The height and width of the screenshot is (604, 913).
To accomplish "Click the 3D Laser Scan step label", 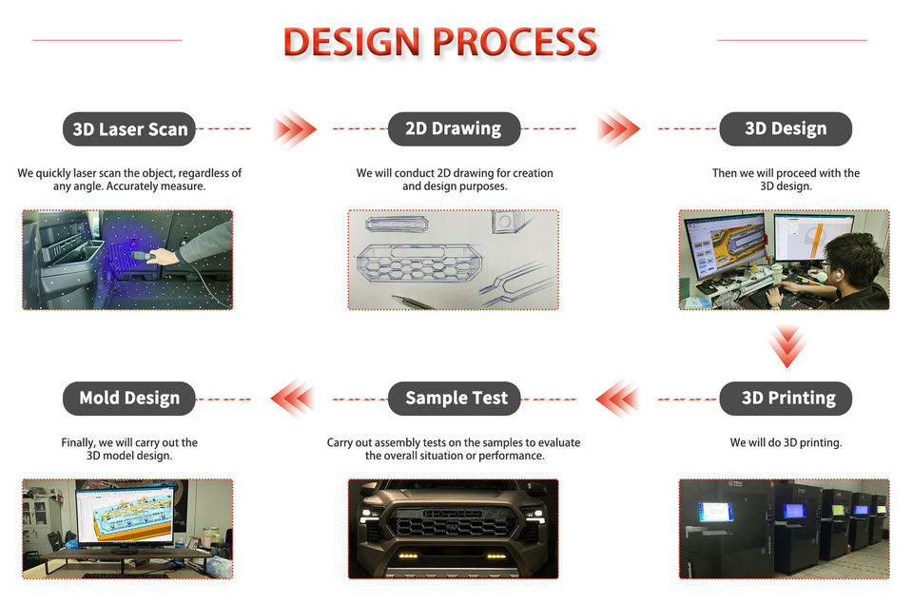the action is [x=129, y=128].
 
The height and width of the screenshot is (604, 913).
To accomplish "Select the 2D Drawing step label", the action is [x=454, y=128].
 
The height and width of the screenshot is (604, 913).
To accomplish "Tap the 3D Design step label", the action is [x=786, y=128].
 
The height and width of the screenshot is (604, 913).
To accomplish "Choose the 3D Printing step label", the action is [x=786, y=399].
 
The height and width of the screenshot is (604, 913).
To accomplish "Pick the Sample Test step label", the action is [x=454, y=399].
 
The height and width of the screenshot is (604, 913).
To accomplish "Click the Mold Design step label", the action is [x=129, y=399].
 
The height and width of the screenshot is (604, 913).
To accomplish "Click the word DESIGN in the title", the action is [x=352, y=42].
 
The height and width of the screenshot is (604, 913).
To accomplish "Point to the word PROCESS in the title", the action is [x=515, y=42].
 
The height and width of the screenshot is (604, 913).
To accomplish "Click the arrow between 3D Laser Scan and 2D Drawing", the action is [x=294, y=128].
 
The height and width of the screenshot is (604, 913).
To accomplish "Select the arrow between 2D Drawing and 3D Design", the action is [x=618, y=128].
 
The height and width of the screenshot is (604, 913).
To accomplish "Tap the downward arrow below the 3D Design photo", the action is [x=787, y=346].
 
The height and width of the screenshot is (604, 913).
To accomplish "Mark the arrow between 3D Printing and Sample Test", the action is [x=618, y=399].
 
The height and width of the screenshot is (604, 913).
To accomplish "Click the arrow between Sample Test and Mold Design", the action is [x=293, y=399].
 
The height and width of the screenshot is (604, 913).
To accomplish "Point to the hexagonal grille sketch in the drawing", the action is [x=419, y=263].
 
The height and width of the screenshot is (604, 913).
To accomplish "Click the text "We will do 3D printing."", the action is [x=786, y=442].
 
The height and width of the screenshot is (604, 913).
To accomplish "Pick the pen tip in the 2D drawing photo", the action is [x=395, y=297].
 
